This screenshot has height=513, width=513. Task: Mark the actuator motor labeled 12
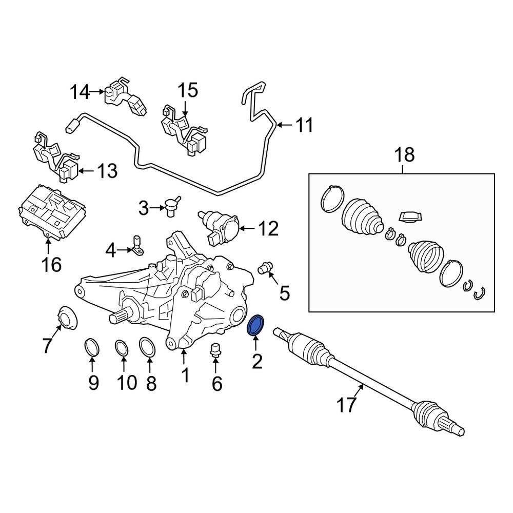coord(220,226)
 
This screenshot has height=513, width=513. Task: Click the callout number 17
coord(346,405)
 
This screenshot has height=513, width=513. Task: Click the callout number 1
coord(184,376)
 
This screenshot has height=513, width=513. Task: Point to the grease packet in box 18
coord(410,217)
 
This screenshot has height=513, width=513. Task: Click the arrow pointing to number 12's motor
coord(246,228)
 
